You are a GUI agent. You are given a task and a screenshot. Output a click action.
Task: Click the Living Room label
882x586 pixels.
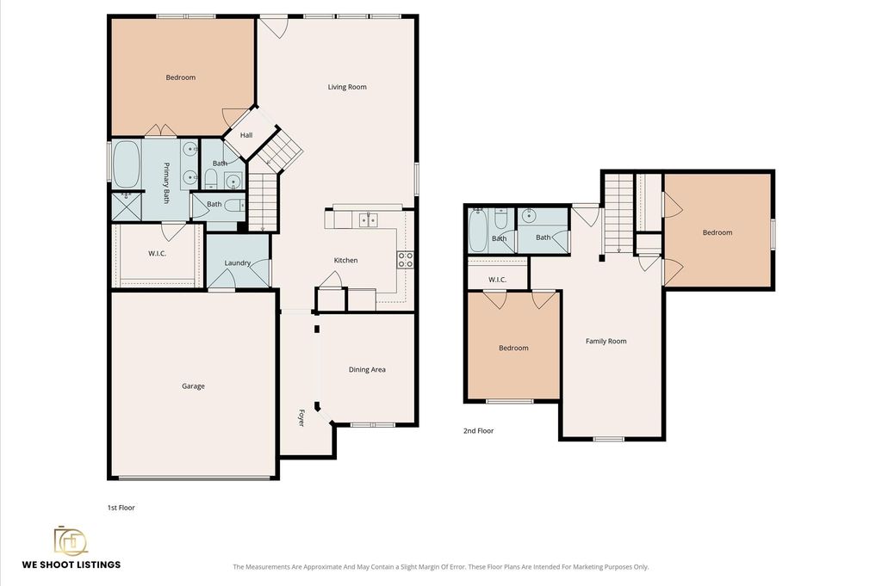[347, 87]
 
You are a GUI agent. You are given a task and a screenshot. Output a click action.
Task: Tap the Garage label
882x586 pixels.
[193, 386]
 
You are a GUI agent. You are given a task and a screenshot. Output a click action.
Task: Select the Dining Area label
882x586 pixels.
[367, 370]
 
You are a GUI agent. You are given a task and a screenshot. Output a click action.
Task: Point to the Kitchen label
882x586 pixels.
[345, 260]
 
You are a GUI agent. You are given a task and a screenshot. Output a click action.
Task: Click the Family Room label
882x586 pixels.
[606, 341]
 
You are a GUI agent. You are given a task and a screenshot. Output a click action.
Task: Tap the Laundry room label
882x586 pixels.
[238, 263]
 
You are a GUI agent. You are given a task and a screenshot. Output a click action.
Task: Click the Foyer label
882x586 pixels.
[301, 417]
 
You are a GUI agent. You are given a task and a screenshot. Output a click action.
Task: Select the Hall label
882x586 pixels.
[246, 135]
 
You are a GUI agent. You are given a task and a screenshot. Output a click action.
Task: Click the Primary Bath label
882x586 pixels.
[166, 182]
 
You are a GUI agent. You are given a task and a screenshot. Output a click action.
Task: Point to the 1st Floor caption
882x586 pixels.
[121, 508]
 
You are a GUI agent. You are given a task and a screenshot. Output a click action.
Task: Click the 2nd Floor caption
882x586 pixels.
[478, 431]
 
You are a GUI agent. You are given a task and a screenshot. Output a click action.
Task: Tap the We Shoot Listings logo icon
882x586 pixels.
[71, 540]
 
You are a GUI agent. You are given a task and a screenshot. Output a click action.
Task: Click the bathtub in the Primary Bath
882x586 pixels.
[127, 164]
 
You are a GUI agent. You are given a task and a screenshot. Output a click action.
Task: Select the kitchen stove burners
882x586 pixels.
[406, 260]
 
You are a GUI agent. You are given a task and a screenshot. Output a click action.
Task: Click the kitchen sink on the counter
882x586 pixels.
[369, 220]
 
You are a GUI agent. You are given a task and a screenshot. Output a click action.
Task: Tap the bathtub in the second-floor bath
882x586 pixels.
[477, 230]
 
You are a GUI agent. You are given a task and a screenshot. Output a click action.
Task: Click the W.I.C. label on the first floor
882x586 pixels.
[157, 253]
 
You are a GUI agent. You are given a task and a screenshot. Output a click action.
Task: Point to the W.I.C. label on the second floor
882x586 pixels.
[497, 280]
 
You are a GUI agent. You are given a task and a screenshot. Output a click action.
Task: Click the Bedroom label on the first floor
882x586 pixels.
[181, 77]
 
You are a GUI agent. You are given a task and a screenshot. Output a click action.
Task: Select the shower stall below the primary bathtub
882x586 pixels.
[127, 207]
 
